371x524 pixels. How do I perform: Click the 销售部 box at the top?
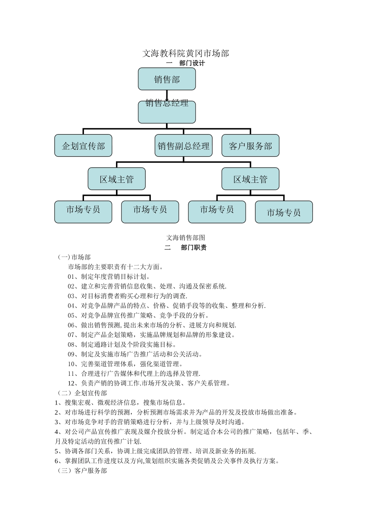click(x=167, y=79)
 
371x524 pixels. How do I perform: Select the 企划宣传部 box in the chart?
click(x=83, y=146)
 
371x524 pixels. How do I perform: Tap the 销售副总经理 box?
click(x=184, y=146)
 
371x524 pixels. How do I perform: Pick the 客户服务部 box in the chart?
click(x=250, y=146)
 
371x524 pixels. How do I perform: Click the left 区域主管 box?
click(x=117, y=179)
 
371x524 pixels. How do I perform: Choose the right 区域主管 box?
click(x=250, y=179)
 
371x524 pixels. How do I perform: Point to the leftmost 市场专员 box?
click(x=83, y=212)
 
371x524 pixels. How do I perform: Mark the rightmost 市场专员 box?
click(x=284, y=212)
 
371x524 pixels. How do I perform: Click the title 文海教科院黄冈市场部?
click(x=185, y=53)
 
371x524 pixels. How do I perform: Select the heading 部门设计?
click(x=192, y=63)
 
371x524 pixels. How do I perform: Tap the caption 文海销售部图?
click(x=185, y=237)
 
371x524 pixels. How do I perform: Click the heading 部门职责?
click(x=194, y=247)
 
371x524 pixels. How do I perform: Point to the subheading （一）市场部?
click(x=74, y=257)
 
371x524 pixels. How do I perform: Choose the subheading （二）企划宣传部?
click(x=82, y=393)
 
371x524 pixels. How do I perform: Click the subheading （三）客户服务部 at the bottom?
click(x=82, y=471)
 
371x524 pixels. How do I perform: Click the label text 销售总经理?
click(x=167, y=103)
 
